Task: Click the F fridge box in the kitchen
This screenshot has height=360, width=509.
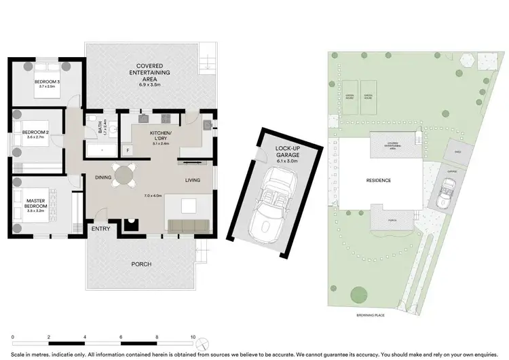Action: click(126, 150)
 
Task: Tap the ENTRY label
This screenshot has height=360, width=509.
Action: click(101, 229)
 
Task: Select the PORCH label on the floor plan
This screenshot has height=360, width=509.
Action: click(141, 264)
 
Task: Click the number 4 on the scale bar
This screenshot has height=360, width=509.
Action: click(85, 336)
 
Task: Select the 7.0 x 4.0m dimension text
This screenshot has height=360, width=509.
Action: click(154, 196)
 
